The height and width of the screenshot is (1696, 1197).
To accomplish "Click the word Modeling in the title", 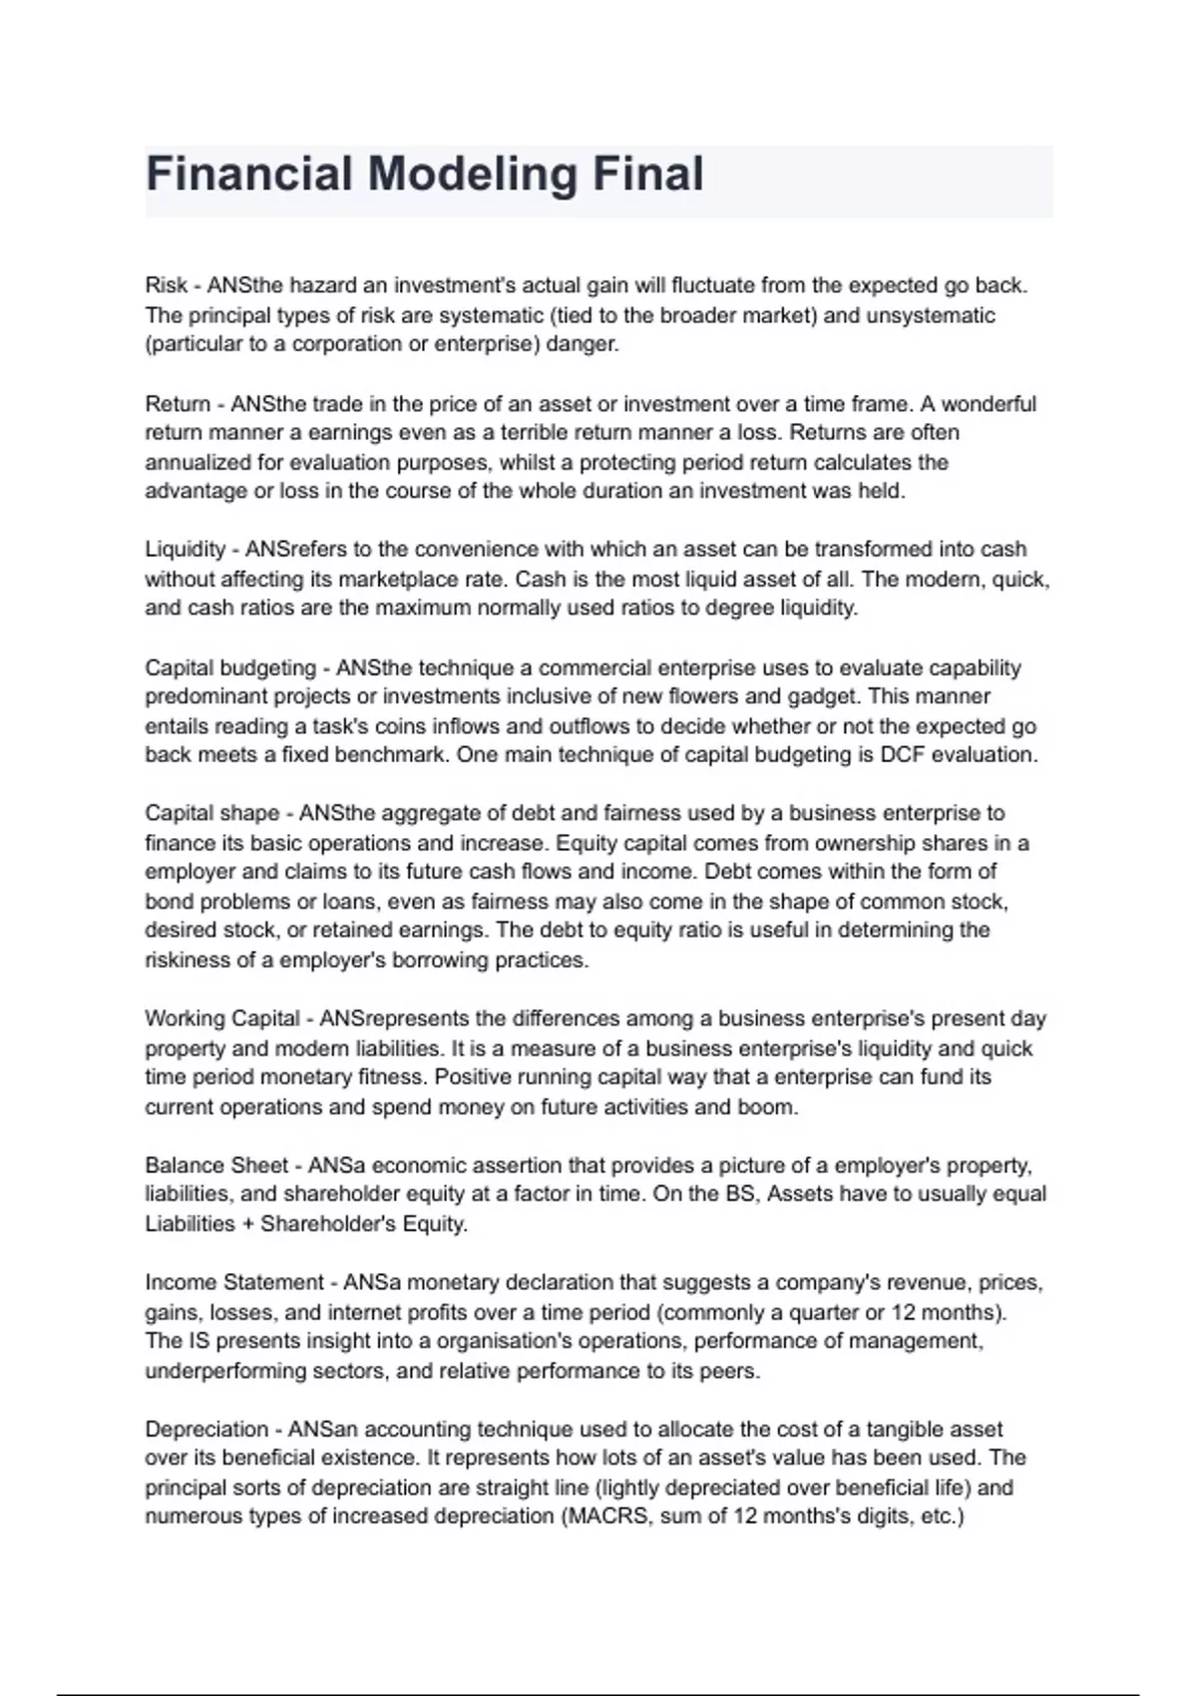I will point(472,175).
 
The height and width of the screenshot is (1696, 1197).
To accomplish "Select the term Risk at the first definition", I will point(167,285).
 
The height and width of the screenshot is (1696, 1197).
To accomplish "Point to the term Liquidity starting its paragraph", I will point(186,550).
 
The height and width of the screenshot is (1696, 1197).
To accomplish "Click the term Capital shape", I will point(211,813).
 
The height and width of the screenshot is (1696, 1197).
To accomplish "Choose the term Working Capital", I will point(221,1019).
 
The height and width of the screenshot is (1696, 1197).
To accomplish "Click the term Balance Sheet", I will point(216,1165).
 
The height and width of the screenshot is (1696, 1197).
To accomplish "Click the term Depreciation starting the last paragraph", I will point(206,1429).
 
